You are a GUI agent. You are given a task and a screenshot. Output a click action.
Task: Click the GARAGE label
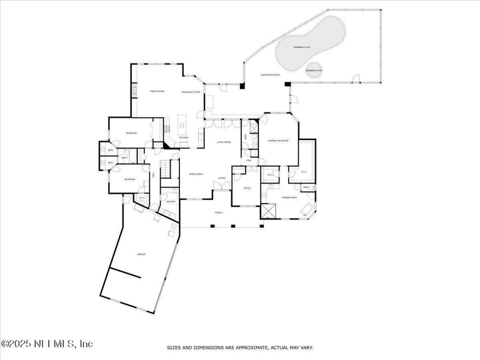tap(141, 254)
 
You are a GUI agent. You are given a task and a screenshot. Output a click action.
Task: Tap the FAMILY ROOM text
tap(157, 91)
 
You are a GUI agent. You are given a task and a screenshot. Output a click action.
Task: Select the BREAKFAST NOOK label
tap(191, 92)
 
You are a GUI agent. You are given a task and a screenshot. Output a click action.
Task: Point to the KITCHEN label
tap(183, 138)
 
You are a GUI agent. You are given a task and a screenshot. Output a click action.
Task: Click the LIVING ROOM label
tap(224, 142)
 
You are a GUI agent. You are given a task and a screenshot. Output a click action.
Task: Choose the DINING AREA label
tap(196, 174)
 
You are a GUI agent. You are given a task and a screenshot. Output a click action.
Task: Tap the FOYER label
tap(222, 178)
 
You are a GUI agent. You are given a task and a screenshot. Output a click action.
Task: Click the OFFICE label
tap(247, 188)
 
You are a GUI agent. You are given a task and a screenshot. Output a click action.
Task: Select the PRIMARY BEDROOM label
tap(278, 141)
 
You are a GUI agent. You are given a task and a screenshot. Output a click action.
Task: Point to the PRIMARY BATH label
tap(289, 197)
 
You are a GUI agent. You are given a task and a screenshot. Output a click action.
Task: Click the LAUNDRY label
tap(171, 201)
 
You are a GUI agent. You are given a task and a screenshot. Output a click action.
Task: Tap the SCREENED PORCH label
tap(270, 75)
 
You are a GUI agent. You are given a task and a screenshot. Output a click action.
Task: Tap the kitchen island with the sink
tap(182, 126)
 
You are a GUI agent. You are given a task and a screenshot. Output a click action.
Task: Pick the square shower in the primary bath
tap(268, 211)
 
